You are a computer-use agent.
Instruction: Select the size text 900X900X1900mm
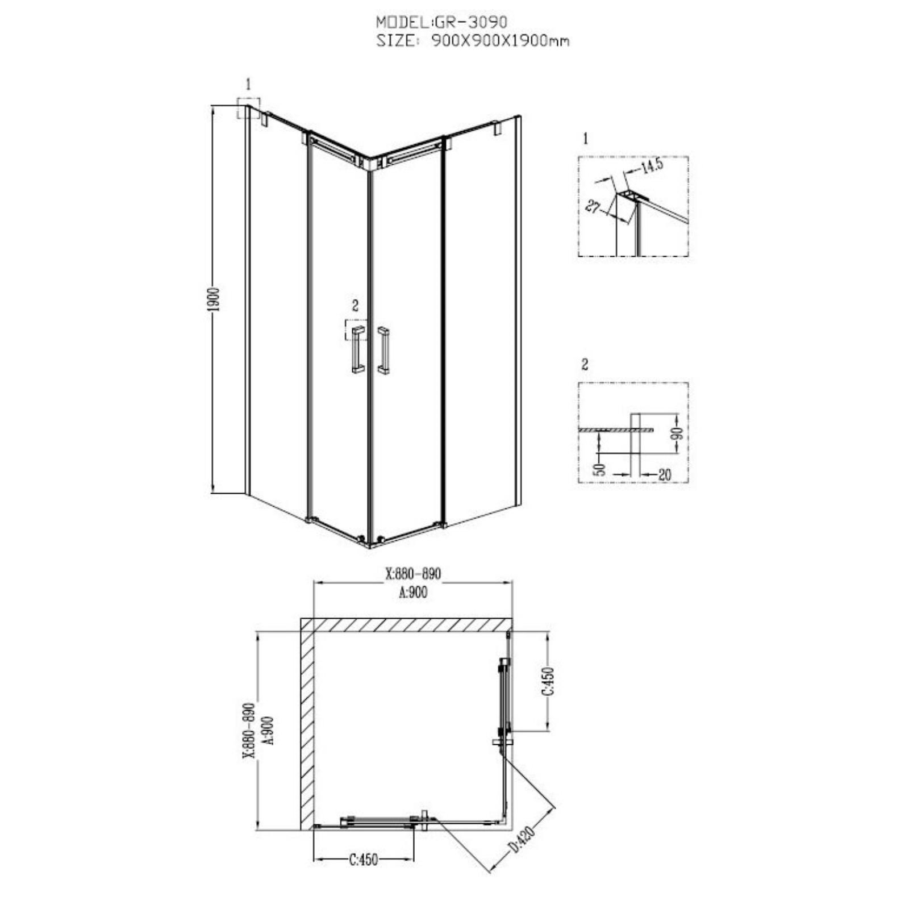[500, 41]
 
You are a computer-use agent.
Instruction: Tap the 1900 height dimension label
[214, 299]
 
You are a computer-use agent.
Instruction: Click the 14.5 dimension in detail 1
[652, 166]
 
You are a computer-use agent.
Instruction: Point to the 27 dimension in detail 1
[593, 206]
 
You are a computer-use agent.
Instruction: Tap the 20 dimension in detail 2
[664, 474]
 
